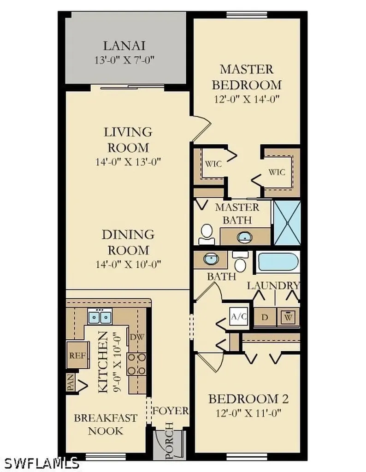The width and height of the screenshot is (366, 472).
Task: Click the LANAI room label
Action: click(x=124, y=46)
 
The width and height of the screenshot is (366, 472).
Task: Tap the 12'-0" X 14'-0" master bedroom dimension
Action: click(x=247, y=99)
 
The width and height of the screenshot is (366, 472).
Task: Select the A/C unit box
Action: click(x=239, y=316)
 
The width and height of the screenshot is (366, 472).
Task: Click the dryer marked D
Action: click(x=265, y=317)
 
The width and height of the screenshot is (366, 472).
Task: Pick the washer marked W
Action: click(x=289, y=317)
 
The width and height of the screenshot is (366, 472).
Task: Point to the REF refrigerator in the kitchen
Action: click(x=77, y=355)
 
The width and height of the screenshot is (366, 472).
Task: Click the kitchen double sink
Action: click(x=100, y=316)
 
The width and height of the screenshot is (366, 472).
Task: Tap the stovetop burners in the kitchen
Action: click(x=136, y=364)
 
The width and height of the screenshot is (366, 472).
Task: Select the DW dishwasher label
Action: click(x=137, y=337)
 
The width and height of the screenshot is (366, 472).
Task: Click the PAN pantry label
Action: click(x=70, y=382)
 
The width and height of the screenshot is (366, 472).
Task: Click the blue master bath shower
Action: click(x=288, y=223)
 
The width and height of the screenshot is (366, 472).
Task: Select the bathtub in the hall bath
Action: click(x=278, y=262)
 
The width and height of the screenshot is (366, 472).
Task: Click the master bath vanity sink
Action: click(x=245, y=237)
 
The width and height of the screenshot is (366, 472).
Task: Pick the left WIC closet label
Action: click(x=213, y=164)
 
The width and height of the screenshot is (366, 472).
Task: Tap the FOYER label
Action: click(x=171, y=411)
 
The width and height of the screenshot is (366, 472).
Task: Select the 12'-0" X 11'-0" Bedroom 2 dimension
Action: click(x=248, y=413)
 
